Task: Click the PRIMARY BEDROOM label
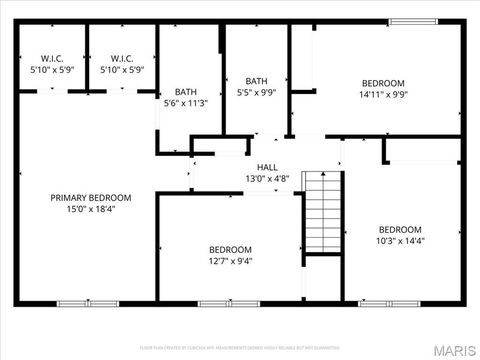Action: click(91, 198)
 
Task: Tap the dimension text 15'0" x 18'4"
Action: click(91, 210)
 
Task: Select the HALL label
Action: click(267, 168)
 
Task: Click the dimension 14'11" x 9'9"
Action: click(383, 95)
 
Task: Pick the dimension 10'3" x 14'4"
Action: click(400, 241)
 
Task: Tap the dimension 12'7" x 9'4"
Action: click(230, 261)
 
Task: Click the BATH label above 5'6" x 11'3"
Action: click(186, 91)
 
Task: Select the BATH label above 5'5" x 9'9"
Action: click(257, 82)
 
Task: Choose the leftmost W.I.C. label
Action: click(52, 58)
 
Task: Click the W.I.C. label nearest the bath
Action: click(123, 58)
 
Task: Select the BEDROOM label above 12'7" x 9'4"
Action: click(230, 249)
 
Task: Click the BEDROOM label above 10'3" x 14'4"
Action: click(400, 229)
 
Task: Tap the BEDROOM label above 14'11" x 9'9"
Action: click(383, 83)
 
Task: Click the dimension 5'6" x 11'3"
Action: click(186, 103)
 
